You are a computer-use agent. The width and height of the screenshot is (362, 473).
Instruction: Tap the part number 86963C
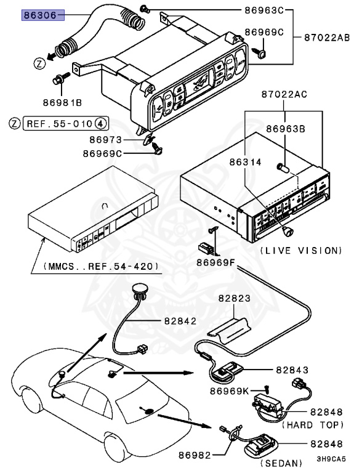[x=263, y=10]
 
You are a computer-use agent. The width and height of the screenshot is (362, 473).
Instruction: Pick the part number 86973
[x=107, y=140]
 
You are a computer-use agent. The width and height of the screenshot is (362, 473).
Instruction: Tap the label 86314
[x=246, y=162]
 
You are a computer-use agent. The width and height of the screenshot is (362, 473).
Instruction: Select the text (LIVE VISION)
[x=300, y=251]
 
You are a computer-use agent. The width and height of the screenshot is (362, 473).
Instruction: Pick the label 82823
[x=233, y=297]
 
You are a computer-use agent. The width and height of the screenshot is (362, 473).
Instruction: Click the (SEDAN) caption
[x=282, y=463]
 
